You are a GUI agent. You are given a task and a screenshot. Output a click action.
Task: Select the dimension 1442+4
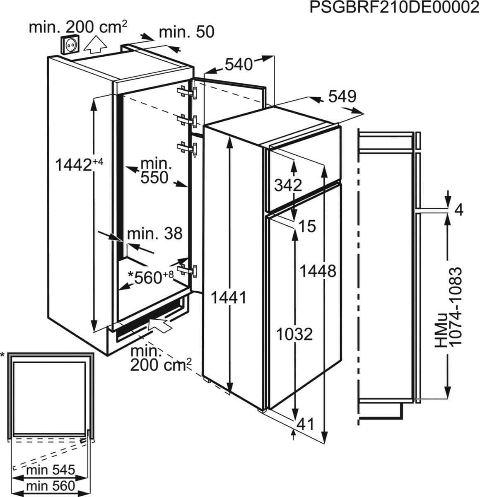[x=79, y=165]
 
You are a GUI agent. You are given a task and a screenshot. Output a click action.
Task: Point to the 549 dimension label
[x=342, y=97]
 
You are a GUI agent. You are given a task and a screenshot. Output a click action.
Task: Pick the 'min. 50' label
[x=187, y=32]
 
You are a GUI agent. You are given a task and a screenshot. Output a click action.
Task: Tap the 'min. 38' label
[x=154, y=234]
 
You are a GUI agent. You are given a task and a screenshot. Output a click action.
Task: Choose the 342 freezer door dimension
[x=288, y=185]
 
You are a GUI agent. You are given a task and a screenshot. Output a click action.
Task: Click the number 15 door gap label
[x=307, y=226]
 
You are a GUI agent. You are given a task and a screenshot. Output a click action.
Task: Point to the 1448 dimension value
[x=318, y=271]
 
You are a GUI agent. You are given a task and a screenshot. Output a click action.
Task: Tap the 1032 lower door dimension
[x=294, y=333]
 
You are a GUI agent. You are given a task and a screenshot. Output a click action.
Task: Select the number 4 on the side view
[x=458, y=210]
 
